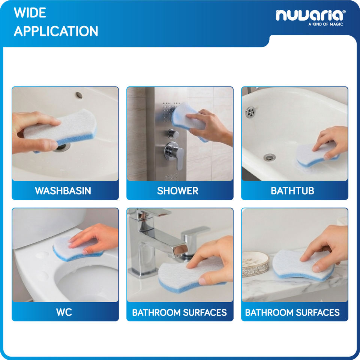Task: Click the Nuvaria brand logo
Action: (x=310, y=15)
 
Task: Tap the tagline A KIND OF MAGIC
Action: (x=325, y=24)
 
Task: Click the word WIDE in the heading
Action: (x=30, y=13)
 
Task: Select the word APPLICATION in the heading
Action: (x=56, y=31)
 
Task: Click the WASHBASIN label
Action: (x=63, y=191)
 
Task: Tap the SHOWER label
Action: (x=177, y=191)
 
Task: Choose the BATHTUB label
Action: (x=292, y=191)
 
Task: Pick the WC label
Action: (x=64, y=312)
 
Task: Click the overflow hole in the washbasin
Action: (x=79, y=95)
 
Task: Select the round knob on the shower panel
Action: (x=173, y=134)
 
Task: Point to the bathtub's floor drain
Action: (x=269, y=157)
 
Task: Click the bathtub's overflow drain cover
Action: (x=250, y=112)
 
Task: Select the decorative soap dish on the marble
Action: (x=255, y=264)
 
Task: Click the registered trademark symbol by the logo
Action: (x=344, y=12)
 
